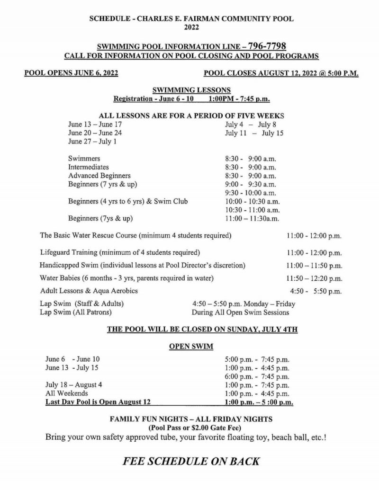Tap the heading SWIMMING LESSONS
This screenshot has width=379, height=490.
(x=191, y=89)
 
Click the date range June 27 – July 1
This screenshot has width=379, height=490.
(x=92, y=142)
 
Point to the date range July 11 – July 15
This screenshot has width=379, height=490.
(x=254, y=133)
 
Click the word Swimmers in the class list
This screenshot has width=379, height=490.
(x=84, y=159)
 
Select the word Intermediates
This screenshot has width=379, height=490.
(x=89, y=167)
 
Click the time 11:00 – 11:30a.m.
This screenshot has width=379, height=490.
(x=252, y=218)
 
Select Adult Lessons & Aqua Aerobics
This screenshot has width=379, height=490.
(x=89, y=290)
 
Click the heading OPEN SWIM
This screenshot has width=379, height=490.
(x=191, y=346)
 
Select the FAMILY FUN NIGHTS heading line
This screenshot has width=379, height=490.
(x=191, y=419)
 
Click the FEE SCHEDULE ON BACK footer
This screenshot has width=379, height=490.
(x=191, y=461)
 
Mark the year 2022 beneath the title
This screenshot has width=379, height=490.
(x=191, y=28)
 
